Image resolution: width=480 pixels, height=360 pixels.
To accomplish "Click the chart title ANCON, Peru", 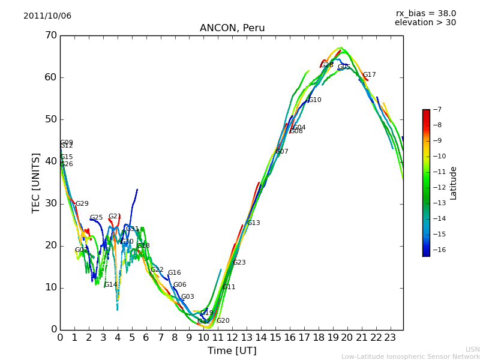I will click(232, 28).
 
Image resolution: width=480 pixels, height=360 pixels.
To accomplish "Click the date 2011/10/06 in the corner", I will click(47, 16).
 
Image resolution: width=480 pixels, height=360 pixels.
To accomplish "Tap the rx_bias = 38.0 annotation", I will click(425, 13).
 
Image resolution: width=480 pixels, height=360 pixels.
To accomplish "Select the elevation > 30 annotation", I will click(425, 23).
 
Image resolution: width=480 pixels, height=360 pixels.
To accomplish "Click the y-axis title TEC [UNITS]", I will click(36, 182).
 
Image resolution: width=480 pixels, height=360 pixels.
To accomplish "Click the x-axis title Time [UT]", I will click(232, 351).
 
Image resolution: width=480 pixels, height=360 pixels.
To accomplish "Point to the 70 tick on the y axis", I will click(50, 35).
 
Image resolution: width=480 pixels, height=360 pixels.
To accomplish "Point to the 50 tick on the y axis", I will click(50, 119).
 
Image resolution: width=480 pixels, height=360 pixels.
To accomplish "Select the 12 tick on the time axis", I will click(232, 338).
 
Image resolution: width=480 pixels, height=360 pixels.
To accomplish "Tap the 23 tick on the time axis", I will click(391, 338).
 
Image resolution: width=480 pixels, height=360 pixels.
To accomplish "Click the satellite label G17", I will click(370, 75).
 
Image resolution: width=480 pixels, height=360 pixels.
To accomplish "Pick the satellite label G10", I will click(315, 100).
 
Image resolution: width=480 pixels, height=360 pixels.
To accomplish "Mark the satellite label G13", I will click(254, 223).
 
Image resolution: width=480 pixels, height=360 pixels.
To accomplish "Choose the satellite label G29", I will click(82, 204).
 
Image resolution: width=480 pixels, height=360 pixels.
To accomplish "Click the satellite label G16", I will click(175, 273).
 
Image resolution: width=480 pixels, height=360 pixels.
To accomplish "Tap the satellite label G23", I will click(239, 263).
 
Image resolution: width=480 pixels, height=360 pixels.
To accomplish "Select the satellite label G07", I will click(282, 152).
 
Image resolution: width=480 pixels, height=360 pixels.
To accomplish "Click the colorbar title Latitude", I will click(454, 183).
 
